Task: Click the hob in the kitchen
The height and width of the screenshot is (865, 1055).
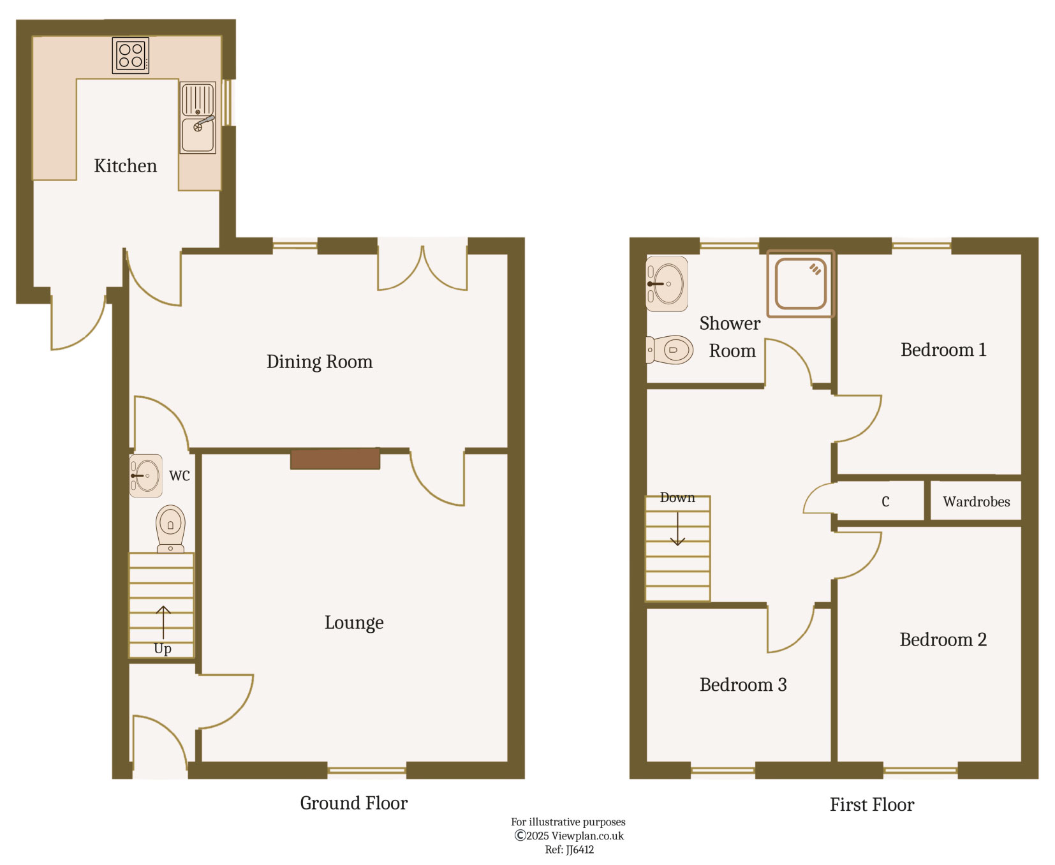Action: coord(131,55)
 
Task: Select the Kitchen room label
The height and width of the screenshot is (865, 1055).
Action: coord(125,166)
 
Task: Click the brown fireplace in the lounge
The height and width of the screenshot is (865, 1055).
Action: coord(335,459)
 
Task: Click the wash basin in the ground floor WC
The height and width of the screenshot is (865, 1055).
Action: coord(147,476)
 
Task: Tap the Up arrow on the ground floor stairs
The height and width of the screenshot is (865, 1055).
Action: coord(163,623)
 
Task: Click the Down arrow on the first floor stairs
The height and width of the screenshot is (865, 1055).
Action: coord(677,529)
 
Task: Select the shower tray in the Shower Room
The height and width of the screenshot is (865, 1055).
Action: coord(800,284)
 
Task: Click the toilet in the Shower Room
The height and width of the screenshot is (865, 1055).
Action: coord(671,350)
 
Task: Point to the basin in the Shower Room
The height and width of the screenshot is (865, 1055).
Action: coord(667,284)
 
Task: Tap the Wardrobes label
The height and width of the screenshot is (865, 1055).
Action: coord(976,502)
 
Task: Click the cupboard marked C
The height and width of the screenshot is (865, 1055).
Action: coord(885,502)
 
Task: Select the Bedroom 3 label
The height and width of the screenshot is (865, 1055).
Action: coord(743,685)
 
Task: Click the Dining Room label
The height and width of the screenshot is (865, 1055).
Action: coord(319,362)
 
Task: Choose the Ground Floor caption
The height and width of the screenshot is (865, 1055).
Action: coord(353,803)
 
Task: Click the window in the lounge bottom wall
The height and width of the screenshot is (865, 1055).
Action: coord(367,771)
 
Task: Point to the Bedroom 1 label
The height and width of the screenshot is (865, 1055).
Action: coord(943,350)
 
